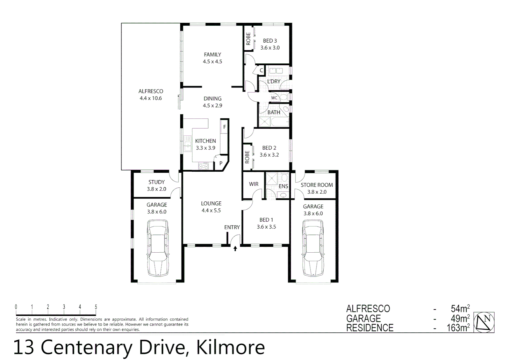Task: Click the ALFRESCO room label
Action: [x=151, y=91]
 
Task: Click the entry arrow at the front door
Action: [x=235, y=248]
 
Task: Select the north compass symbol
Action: [x=484, y=322]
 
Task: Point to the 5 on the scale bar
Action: [x=96, y=307]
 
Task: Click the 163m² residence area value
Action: [x=458, y=328]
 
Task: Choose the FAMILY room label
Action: [x=212, y=55]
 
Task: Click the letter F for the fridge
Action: [x=224, y=127]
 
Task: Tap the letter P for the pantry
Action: [x=220, y=164]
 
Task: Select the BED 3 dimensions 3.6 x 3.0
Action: [x=270, y=48]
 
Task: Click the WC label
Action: [x=274, y=98]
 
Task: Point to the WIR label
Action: [x=253, y=184]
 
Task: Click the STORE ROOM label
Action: [x=317, y=185]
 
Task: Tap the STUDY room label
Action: [x=156, y=182]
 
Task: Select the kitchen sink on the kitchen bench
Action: [x=187, y=144]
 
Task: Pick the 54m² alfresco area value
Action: [x=460, y=309]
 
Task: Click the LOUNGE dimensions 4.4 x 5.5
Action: [x=211, y=210]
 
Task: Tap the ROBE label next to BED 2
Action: [x=247, y=157]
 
